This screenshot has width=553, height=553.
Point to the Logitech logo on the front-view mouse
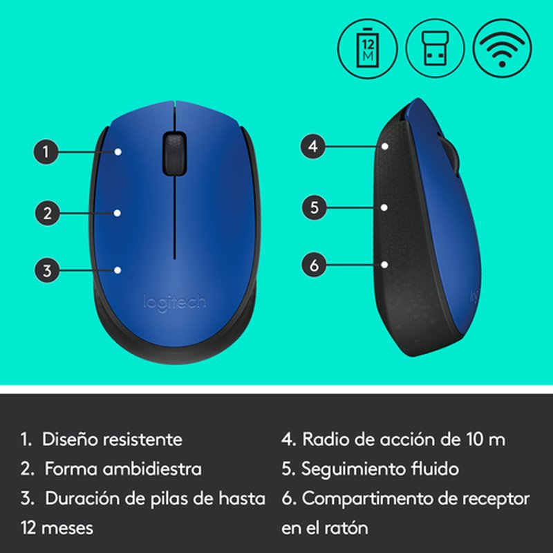(174, 302)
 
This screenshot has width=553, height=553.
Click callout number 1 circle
(47, 151)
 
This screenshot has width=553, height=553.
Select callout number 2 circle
(47, 212)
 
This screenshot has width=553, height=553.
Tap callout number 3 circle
(47, 270)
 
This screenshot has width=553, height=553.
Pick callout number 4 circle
(313, 146)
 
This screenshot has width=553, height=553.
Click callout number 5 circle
(313, 207)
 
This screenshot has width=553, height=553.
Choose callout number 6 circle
(313, 263)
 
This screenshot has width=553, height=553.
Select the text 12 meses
(57, 528)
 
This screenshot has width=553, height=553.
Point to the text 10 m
(485, 439)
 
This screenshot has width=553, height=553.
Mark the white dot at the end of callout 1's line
(119, 151)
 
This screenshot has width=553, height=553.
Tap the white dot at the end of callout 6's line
(384, 263)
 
